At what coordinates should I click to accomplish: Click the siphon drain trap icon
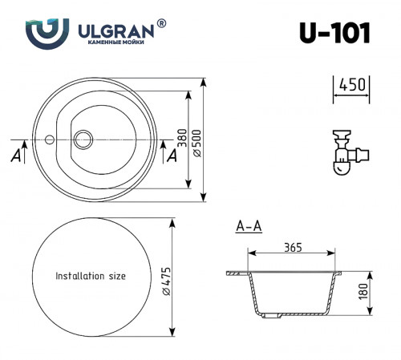[347, 150]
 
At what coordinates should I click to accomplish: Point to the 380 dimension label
[182, 140]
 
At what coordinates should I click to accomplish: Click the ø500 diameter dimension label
[196, 140]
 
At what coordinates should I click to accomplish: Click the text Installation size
[90, 276]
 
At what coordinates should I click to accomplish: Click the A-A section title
[249, 227]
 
